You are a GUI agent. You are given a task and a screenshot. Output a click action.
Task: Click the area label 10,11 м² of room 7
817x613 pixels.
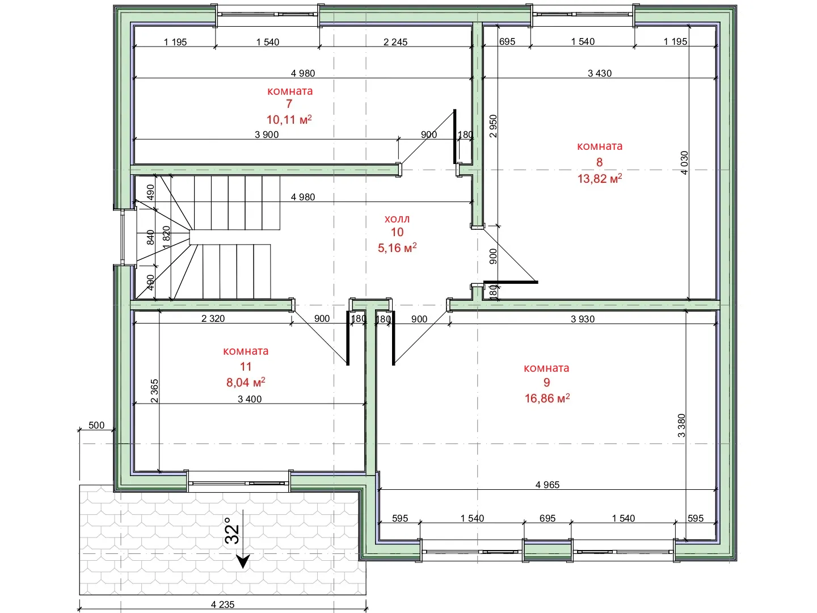pyautogui.click(x=289, y=119)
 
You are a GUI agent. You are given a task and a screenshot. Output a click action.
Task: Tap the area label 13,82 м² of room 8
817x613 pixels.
pyautogui.click(x=599, y=179)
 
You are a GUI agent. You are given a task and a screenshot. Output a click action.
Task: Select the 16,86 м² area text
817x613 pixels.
pyautogui.click(x=547, y=398)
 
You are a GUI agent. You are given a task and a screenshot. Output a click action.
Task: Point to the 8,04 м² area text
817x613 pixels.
pyautogui.click(x=246, y=382)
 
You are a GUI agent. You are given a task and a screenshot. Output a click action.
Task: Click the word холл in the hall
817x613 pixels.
pyautogui.click(x=397, y=219)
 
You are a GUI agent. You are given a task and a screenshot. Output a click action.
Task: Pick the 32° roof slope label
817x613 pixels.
pyautogui.click(x=231, y=530)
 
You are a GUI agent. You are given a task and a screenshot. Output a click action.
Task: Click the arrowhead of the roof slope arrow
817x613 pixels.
pyautogui.click(x=243, y=561)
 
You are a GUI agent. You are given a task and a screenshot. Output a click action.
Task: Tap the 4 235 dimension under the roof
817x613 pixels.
pyautogui.click(x=222, y=604)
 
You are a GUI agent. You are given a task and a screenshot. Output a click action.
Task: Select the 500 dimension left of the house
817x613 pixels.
pyautogui.click(x=96, y=425)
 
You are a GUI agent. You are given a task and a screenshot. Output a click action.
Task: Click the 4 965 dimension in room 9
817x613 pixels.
pyautogui.click(x=547, y=485)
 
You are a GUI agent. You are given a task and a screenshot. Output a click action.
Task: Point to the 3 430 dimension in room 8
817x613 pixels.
pyautogui.click(x=599, y=73)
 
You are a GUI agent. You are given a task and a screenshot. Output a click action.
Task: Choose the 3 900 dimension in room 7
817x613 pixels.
pyautogui.click(x=267, y=135)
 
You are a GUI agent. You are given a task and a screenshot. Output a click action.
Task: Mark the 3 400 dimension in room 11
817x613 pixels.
pyautogui.click(x=250, y=399)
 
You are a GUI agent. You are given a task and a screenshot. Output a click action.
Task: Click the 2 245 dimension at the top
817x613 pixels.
pyautogui.click(x=395, y=42)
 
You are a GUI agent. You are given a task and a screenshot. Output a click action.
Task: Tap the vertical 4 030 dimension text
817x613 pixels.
pyautogui.click(x=684, y=163)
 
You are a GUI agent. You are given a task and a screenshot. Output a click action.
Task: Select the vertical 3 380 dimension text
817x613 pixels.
pyautogui.click(x=681, y=426)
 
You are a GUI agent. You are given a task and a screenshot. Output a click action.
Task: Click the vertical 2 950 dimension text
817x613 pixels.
pyautogui.click(x=493, y=126)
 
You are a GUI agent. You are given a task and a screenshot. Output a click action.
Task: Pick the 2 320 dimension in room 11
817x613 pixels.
pyautogui.click(x=213, y=318)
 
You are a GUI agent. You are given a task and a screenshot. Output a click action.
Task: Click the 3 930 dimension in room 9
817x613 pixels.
pyautogui.click(x=583, y=319)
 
